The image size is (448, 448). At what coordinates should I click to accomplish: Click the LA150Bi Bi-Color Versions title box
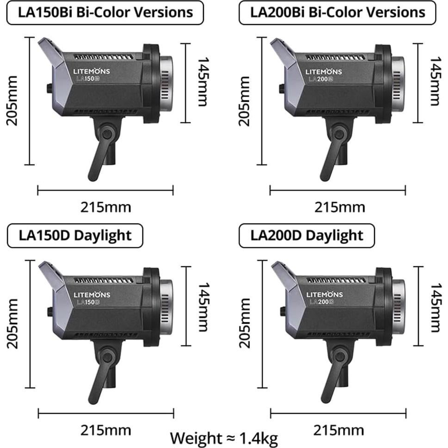pos(105,12)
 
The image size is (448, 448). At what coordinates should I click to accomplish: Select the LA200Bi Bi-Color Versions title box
pos(338,12)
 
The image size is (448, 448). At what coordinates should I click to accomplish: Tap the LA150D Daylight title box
pos(75,235)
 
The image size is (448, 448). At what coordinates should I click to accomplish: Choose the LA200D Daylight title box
pos(307,236)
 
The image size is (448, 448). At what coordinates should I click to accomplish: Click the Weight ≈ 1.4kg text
pos(224,437)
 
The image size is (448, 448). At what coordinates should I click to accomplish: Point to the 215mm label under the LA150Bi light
pos(106,207)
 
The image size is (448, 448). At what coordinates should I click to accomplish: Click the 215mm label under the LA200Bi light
pos(339,207)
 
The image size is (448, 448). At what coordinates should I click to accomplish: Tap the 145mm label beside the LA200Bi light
pos(435,81)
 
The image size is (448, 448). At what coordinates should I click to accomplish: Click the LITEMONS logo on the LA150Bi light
pos(92,72)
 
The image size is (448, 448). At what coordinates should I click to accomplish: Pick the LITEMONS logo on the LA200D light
pos(325,295)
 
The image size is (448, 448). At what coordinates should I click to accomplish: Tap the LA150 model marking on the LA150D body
pos(87,302)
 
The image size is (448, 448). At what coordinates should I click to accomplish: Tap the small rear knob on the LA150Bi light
pos(49,87)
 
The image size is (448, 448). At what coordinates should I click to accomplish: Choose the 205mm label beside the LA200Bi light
pos(244,101)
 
